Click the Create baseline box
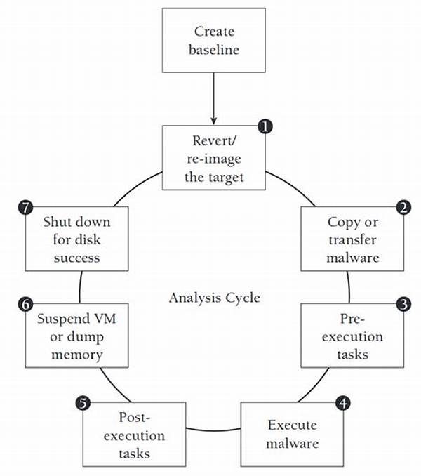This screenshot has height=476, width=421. coord(214,41)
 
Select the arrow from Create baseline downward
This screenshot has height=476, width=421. coord(214,99)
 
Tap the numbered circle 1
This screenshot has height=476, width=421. coord(265,126)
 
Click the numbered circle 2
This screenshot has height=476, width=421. coord(403,208)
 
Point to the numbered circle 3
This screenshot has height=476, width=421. coord(403,304)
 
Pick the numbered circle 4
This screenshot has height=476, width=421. coord(343,404)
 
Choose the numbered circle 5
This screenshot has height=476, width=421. coord(83,404)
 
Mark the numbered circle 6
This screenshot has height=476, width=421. coord(25,304)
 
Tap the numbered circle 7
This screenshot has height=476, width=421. coord(25,208)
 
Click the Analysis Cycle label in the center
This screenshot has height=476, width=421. coord(215,298)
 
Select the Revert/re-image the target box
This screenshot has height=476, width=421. coord(214,158)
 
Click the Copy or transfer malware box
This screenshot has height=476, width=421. coord(352,239)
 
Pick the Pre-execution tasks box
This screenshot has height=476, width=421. coord(352,336)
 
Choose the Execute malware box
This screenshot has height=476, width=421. coord(292,435)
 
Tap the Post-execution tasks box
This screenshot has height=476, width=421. coord(134,435)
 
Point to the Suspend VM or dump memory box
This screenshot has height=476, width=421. coord(76,336)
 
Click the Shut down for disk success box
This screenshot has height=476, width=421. coord(76,239)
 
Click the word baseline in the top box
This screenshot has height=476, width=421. coord(214,50)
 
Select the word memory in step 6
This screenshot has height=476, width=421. coord(77,355)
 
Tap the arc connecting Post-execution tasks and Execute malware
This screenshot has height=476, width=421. coord(213,431)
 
